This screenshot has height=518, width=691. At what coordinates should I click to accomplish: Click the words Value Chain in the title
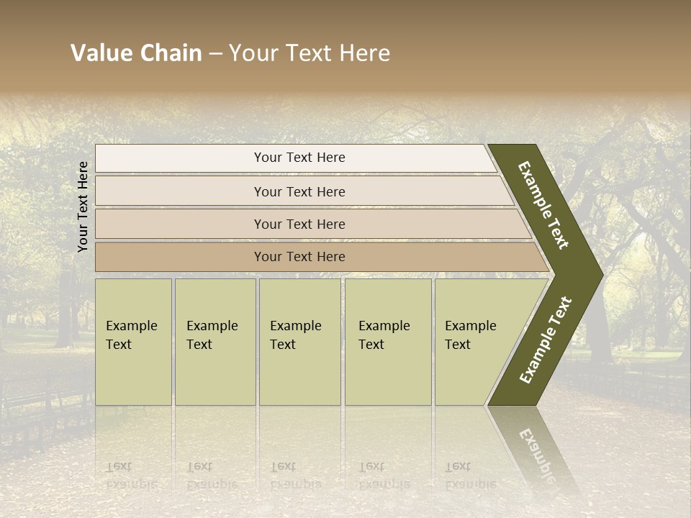click(136, 53)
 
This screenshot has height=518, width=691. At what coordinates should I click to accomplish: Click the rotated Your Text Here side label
click(83, 206)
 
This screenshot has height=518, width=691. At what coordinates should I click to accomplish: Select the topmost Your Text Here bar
click(299, 158)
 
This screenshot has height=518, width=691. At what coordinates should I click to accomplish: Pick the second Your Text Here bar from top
click(299, 191)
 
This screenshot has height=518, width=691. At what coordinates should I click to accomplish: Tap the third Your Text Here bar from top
click(299, 224)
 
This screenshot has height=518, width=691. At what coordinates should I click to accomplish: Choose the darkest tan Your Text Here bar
click(299, 257)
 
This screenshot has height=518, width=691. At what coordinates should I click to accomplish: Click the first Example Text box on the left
click(133, 342)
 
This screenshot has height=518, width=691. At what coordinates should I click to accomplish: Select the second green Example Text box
click(214, 342)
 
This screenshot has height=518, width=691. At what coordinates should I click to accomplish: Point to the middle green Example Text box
click(299, 342)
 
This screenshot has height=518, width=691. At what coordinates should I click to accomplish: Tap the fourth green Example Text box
click(388, 342)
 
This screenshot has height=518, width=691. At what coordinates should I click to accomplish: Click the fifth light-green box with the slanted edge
click(475, 342)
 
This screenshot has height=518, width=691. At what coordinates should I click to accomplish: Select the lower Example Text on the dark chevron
click(546, 340)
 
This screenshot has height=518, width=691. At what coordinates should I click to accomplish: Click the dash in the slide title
click(215, 53)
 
